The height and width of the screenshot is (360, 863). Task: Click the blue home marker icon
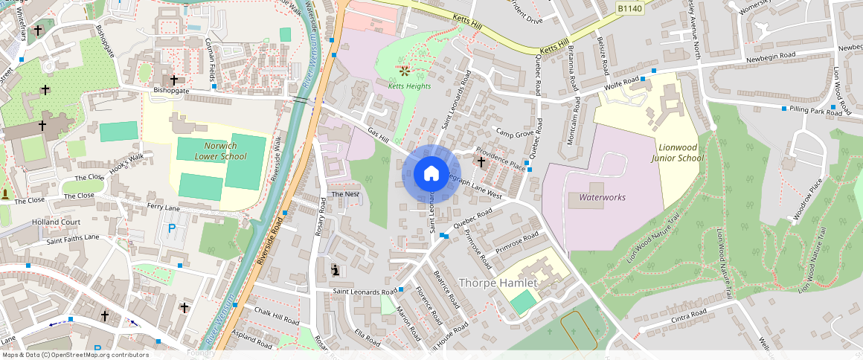pos(431,174)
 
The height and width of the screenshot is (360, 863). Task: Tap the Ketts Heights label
pos(409,86)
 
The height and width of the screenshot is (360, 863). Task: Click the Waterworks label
pos(602,197)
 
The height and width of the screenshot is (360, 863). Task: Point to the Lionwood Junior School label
pos(677,152)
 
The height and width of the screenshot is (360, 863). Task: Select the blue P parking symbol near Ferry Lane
pos(173,229)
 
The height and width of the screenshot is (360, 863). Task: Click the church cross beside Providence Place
pos(481,161)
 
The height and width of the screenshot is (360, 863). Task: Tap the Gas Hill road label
pos(378,135)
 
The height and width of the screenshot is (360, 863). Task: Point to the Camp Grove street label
pos(515,134)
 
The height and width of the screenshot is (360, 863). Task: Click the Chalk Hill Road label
pos(277,315)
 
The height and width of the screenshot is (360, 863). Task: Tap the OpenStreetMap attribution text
pos(74,355)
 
